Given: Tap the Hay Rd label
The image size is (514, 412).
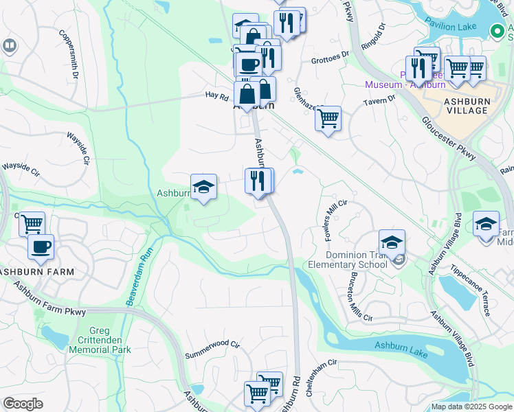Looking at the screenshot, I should tap(217, 97).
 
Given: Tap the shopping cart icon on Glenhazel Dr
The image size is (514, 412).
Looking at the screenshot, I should tap(328, 119).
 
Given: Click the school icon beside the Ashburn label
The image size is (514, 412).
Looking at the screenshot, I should tap(203, 187).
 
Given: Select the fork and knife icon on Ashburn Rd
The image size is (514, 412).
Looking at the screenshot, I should tap(258, 181).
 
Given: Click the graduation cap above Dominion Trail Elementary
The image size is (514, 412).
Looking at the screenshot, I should tap(392, 242).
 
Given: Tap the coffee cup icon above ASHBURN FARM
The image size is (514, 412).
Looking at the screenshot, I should tap(41, 247).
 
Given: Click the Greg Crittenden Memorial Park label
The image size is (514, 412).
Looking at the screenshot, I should tap(99, 343).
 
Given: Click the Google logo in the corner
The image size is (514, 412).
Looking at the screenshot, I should tap(23, 404).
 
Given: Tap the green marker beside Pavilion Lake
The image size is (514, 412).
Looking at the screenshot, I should tap(498, 30).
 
